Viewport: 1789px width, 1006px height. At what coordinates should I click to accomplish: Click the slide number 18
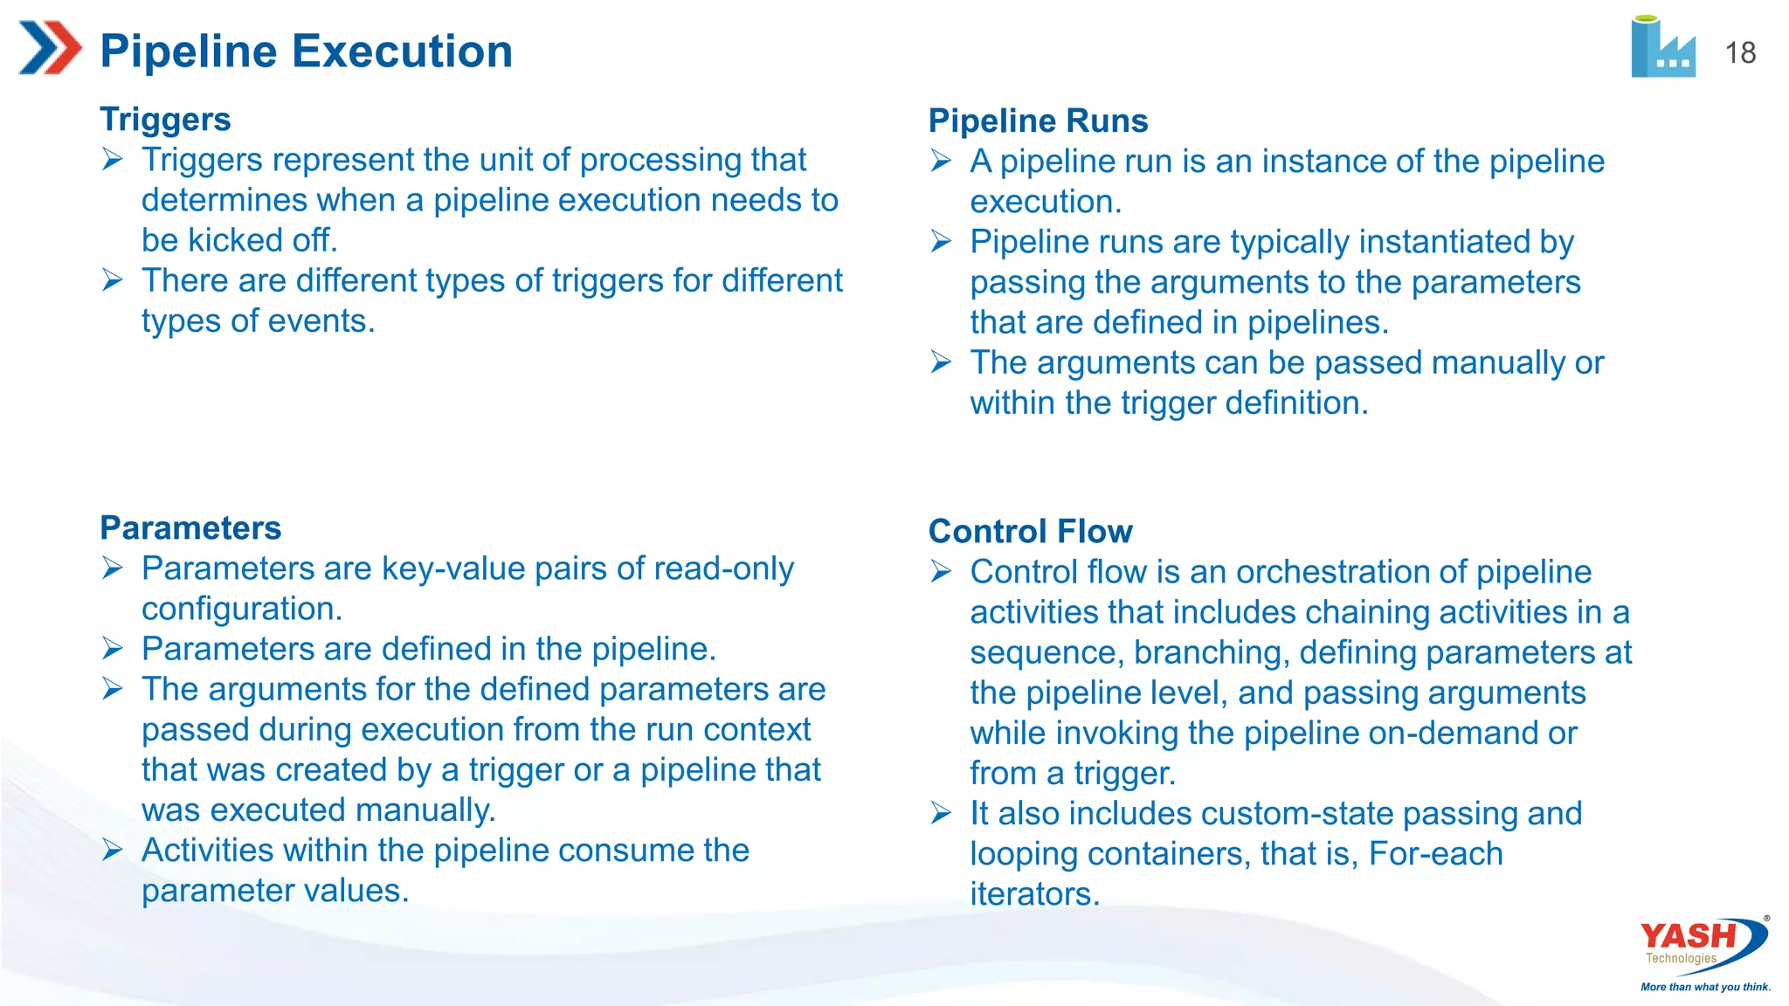tap(1740, 52)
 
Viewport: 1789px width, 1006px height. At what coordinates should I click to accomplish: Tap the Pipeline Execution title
tap(306, 51)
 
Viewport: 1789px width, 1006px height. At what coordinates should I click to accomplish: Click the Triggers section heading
tap(165, 119)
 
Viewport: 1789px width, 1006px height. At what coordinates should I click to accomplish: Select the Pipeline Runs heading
tap(1038, 121)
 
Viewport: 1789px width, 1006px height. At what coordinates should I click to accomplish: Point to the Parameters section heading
tap(190, 527)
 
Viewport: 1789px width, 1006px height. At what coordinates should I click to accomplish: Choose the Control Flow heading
tap(1030, 531)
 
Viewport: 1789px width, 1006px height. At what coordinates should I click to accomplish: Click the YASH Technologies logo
tap(1703, 943)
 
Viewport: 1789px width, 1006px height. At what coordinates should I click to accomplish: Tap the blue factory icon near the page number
tap(1662, 47)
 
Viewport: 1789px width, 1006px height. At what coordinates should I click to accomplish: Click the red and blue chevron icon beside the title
tap(50, 47)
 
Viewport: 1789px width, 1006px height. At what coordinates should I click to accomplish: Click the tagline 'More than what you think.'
tap(1705, 987)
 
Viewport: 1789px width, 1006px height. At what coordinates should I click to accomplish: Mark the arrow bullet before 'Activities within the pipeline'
tap(112, 849)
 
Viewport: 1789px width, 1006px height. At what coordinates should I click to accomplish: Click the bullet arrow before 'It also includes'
tap(941, 813)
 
